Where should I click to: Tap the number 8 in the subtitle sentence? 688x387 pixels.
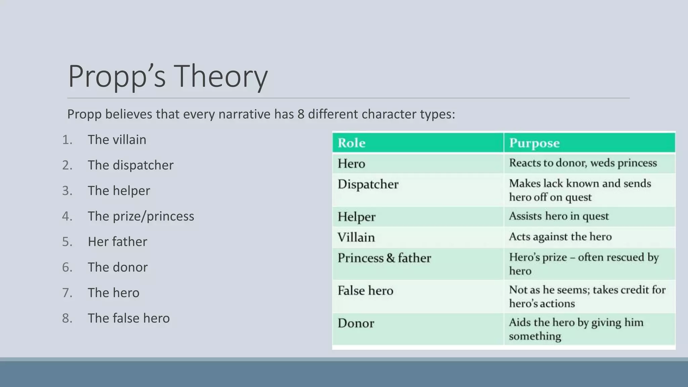pyautogui.click(x=300, y=114)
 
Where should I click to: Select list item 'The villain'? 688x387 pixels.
pyautogui.click(x=117, y=140)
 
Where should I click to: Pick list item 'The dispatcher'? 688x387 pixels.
pyautogui.click(x=130, y=165)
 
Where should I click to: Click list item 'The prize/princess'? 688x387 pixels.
pyautogui.click(x=141, y=216)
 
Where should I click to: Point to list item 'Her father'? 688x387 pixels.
pyautogui.click(x=117, y=242)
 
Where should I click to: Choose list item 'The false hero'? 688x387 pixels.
pyautogui.click(x=129, y=318)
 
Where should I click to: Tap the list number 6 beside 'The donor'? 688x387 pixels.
pyautogui.click(x=67, y=267)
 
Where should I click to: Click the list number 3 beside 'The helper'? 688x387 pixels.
pyautogui.click(x=67, y=191)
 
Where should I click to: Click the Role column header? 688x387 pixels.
pyautogui.click(x=351, y=143)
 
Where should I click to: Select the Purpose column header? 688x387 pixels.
pyautogui.click(x=534, y=143)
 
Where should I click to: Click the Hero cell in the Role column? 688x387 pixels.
pyautogui.click(x=351, y=164)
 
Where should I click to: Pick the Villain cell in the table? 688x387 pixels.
pyautogui.click(x=356, y=238)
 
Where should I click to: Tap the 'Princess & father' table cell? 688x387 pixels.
pyautogui.click(x=384, y=258)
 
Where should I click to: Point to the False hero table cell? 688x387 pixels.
pyautogui.click(x=365, y=291)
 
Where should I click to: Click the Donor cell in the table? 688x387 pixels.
pyautogui.click(x=356, y=323)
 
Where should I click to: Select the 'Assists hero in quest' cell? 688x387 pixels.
pyautogui.click(x=558, y=216)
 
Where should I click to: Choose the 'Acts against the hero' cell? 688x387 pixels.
pyautogui.click(x=560, y=236)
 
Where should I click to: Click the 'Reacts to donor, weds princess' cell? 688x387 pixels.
pyautogui.click(x=583, y=163)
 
